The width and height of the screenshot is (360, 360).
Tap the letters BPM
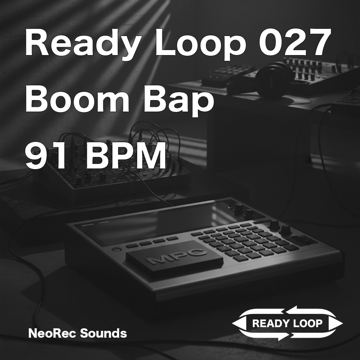point(126,157)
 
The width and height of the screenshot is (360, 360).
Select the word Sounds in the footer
point(103,333)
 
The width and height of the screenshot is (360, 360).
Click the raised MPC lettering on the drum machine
point(173,256)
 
